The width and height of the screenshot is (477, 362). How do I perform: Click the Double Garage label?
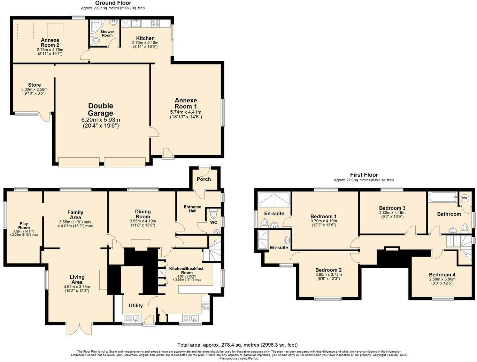coord(100,110)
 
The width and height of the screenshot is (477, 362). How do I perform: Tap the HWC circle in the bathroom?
coord(464,198)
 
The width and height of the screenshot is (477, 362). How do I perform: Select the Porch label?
coord(204,179)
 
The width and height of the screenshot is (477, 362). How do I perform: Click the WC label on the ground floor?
coord(214,222)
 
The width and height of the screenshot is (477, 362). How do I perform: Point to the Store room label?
coord(34,85)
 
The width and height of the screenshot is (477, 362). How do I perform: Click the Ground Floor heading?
coord(113,3)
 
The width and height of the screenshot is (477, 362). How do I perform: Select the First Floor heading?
coord(364,175)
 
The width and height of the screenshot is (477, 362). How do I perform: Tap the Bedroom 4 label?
coord(442,275)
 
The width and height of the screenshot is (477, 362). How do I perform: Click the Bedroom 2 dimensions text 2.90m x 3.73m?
coord(328,274)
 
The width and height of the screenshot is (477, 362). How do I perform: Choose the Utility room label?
coord(136,306)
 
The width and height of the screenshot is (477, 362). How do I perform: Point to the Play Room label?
coord(24,226)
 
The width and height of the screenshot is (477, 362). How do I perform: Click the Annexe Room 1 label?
coord(186,103)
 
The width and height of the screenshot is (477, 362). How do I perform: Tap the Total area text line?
coord(237,345)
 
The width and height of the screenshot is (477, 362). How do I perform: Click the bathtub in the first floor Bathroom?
coord(443,198)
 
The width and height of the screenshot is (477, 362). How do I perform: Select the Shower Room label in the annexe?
coord(107,33)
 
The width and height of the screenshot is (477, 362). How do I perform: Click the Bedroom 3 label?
coord(392,208)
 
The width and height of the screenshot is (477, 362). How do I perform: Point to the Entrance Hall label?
coord(192,209)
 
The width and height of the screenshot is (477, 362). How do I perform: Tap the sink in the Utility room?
coord(132,317)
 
